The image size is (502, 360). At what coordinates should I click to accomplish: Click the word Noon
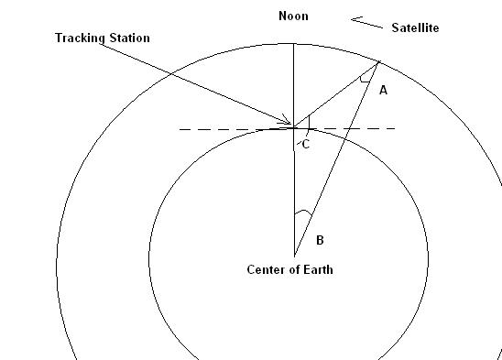[x=293, y=16]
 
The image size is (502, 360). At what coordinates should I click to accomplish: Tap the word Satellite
[x=415, y=27]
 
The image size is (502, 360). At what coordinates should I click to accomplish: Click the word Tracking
[x=80, y=38]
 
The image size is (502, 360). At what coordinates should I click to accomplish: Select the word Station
[x=130, y=38]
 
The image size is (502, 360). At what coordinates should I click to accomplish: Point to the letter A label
[x=383, y=91]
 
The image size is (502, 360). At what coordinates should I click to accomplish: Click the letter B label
[x=320, y=240]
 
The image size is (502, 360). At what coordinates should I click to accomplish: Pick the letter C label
[x=306, y=145]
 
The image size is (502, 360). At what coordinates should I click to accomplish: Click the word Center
[x=266, y=269]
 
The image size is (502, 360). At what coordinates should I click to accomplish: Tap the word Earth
[x=318, y=269]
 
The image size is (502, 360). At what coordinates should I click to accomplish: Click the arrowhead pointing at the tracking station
[x=287, y=119]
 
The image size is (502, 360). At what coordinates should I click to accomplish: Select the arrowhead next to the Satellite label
[x=356, y=20]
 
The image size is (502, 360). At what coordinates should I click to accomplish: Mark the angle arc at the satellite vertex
[x=366, y=81]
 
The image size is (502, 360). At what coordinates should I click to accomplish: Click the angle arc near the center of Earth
[x=303, y=212]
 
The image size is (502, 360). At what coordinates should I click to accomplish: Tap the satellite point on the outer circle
[x=379, y=61]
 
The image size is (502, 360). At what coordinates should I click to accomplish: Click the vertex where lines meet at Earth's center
[x=295, y=256]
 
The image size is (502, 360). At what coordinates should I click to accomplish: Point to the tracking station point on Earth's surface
[x=294, y=128]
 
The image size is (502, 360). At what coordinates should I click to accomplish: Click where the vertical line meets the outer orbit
[x=294, y=44]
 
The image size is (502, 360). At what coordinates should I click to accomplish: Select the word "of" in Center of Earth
[x=293, y=269]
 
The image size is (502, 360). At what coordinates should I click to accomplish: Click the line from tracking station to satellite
[x=336, y=94]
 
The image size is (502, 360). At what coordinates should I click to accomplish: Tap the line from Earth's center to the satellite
[x=337, y=158]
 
